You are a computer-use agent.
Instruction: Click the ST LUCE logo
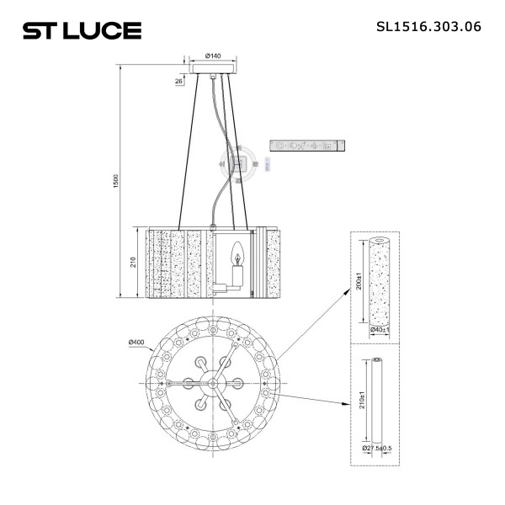pyautogui.click(x=81, y=31)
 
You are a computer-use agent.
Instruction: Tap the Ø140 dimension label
pyautogui.click(x=213, y=56)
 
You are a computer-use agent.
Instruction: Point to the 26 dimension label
pyautogui.click(x=179, y=82)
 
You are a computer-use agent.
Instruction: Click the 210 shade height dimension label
pyautogui.click(x=133, y=262)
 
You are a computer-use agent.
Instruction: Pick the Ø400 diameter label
pyautogui.click(x=138, y=342)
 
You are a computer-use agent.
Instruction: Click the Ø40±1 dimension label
pyautogui.click(x=383, y=331)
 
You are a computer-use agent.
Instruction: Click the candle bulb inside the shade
pyautogui.click(x=237, y=252)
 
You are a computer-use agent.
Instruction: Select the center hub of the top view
pyautogui.click(x=214, y=383)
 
